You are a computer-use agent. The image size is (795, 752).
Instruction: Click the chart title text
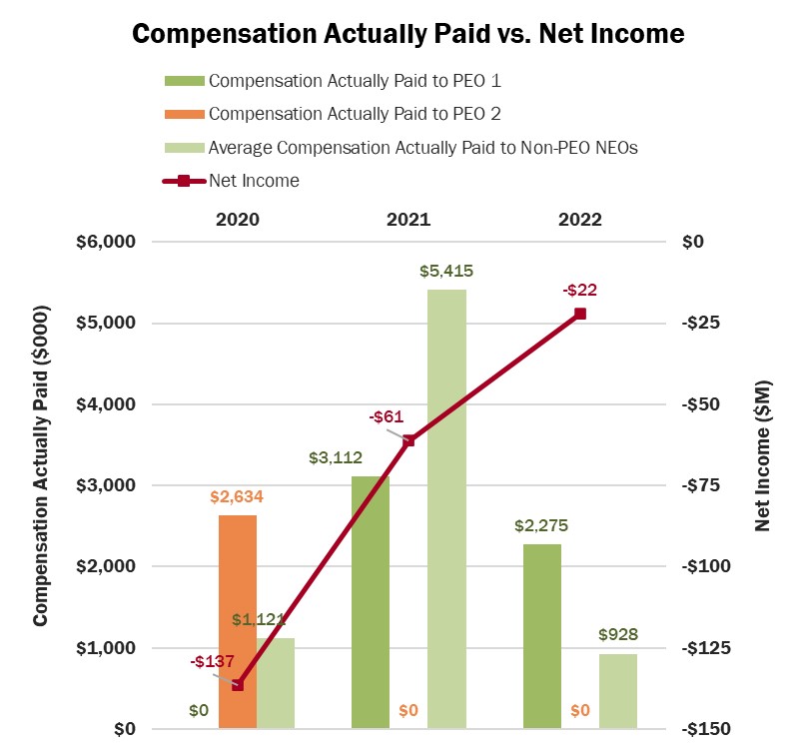pos(408,33)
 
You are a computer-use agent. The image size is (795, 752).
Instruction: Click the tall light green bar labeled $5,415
pos(446,509)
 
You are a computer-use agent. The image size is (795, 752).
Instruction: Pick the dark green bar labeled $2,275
pos(542,636)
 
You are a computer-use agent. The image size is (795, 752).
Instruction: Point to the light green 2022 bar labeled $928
pos(618,691)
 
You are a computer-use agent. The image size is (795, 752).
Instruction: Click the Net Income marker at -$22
pos(580,314)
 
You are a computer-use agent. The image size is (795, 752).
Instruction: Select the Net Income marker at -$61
pos(408,440)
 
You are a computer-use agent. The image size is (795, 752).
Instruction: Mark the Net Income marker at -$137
pos(238,685)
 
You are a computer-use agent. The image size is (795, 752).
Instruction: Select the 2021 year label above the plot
pos(408,220)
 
